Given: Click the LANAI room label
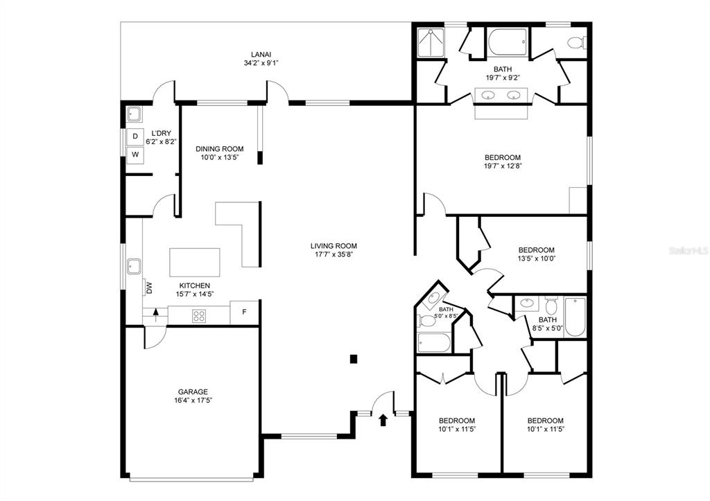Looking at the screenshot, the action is pos(261,55).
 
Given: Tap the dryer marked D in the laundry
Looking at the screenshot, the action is pos(135,136).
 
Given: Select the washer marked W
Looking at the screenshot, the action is pos(135,155).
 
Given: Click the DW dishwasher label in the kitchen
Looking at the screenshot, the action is pos(148,288).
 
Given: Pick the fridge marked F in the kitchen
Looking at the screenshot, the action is pos(244,313).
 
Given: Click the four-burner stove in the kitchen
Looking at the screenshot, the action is pos(199,315).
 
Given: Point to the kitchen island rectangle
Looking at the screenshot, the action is pos(195,262).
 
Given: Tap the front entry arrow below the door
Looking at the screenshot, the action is pos(383,420).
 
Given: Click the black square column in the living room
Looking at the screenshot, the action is pos(354,359).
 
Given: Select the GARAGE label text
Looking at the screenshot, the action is pos(193,392).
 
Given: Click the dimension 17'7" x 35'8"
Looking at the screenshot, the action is pos(334,254).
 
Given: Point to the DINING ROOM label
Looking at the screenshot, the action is pos(220,149).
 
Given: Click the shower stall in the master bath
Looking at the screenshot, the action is pos(431,43).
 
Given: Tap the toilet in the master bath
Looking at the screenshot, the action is pos(576,43).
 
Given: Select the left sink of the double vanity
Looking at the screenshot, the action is pos(487,95).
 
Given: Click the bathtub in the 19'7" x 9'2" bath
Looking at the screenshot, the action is pos(507,43).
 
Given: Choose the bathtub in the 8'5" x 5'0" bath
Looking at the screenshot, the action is pos(575,317).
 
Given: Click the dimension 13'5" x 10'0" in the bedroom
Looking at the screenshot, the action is pos(537,259).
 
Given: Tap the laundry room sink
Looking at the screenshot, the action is pos(134,114).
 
